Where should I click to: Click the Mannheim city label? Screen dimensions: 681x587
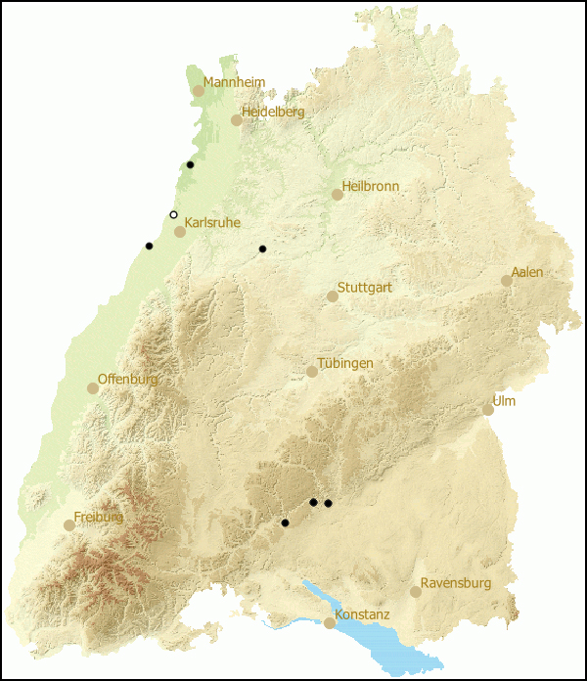click(x=235, y=82)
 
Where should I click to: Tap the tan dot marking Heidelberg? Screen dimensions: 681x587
click(x=237, y=120)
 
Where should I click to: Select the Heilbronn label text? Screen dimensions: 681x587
click(x=371, y=186)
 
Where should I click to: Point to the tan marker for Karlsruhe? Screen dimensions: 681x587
click(x=180, y=232)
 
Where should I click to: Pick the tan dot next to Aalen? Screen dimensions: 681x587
click(x=507, y=281)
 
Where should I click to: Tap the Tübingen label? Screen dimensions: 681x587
click(x=344, y=363)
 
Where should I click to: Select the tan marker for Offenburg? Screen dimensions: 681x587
click(x=93, y=388)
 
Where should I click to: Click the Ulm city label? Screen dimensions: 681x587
click(x=504, y=401)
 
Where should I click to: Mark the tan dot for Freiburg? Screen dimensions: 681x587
click(x=69, y=525)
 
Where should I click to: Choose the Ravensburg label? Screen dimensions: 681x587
click(x=456, y=583)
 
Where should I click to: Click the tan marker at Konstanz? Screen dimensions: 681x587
click(x=331, y=623)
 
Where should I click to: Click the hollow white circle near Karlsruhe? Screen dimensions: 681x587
click(x=174, y=214)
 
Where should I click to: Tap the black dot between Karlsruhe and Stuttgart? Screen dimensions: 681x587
click(x=262, y=249)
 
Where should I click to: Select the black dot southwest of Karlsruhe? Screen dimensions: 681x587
click(x=149, y=246)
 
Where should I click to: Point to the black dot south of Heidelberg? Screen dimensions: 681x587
click(x=190, y=164)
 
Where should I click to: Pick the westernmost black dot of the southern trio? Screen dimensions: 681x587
click(x=285, y=522)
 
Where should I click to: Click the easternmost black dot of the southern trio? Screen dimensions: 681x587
click(x=329, y=503)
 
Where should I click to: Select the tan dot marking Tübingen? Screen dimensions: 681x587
click(x=312, y=372)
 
